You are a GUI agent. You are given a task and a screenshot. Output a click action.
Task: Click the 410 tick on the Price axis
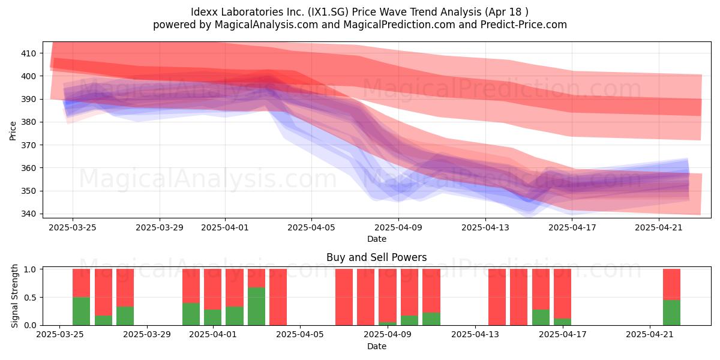coord(28,53)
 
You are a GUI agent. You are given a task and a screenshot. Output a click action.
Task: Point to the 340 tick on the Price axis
coord(28,214)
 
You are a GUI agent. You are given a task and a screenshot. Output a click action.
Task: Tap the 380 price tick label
coord(28,122)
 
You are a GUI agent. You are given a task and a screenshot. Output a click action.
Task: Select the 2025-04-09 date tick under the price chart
coord(398,227)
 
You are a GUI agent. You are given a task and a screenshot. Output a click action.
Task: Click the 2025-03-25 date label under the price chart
coord(73,227)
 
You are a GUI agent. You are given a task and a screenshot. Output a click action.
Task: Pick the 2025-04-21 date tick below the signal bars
coord(650,334)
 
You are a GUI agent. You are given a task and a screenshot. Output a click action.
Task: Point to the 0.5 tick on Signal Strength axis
coord(30,298)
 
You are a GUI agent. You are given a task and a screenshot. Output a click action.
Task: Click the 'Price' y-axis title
coord(13,131)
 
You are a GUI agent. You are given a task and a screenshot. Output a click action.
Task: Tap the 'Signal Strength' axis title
coord(14,296)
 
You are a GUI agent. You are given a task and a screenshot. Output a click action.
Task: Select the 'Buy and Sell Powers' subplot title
coord(377,257)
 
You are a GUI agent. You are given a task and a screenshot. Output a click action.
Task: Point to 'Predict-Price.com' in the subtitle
coord(524,25)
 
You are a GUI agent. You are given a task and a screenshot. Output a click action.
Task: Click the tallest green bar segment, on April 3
coord(257,307)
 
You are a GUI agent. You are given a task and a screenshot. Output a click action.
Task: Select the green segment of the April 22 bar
coord(672,313)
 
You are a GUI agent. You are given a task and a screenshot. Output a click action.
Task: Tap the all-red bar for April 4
coord(278,297)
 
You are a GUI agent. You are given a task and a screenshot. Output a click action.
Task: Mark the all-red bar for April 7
coord(344,297)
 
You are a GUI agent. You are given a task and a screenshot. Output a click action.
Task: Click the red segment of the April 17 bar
coord(563,294)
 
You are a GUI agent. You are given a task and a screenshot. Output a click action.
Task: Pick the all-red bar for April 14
coord(497,297)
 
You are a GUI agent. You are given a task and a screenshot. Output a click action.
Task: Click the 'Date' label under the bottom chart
coord(377,346)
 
